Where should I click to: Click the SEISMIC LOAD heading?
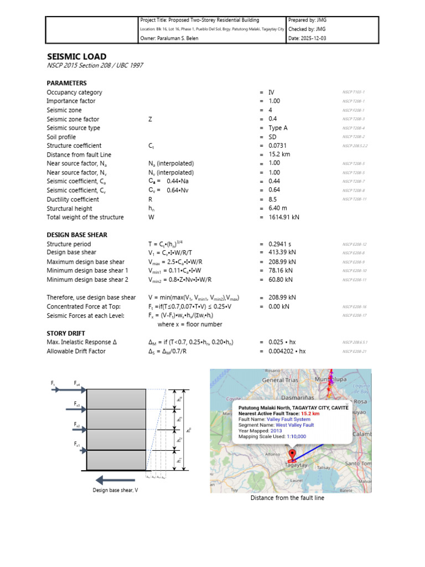pos(76,56)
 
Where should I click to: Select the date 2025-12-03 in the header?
pos(315,38)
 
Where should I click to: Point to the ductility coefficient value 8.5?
pos(273,199)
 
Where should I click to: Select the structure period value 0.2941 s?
pos(280,244)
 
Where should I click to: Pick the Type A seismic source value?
pos(278,128)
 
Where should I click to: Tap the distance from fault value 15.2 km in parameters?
pos(279,154)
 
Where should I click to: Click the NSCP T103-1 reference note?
pos(354,92)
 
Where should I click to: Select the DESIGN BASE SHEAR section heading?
pos(77,235)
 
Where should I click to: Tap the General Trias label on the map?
pos(280,380)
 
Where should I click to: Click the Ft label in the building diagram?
pos(53,383)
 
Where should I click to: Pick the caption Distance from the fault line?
pos(287,498)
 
